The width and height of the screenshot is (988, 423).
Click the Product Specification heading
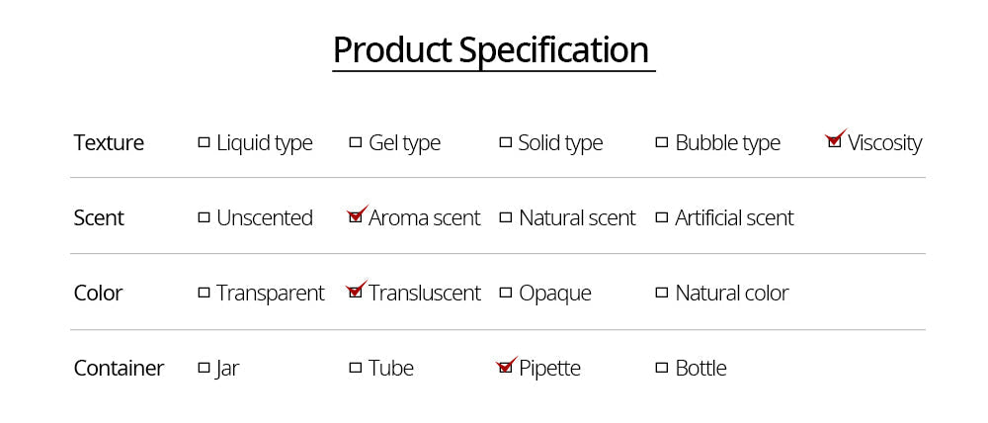pos(491,49)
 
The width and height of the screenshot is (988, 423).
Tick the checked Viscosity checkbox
pos(834,142)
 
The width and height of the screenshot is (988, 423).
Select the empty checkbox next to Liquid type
pos(205,142)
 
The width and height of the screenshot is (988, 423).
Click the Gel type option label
pos(404,142)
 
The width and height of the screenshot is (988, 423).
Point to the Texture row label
pos(109,142)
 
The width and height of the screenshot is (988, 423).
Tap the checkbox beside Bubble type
pos(662,142)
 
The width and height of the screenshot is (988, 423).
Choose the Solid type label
pos(560,142)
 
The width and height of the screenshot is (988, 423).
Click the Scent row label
pos(99,217)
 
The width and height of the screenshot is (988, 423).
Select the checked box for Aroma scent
pos(356,217)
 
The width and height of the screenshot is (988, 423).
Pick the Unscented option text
pos(264,217)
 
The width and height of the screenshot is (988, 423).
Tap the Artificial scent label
pos(734,217)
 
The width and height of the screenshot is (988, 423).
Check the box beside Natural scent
pos(506,217)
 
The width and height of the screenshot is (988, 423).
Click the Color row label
pos(98,293)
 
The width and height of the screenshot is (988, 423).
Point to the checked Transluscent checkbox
pos(356,293)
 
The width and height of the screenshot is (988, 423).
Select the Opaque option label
pos(554,293)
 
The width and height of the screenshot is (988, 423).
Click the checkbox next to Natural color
pos(662,293)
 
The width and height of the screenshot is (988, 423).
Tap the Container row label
pos(119,368)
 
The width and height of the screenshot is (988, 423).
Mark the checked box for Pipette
pos(506,368)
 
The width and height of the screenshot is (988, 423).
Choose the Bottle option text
pos(700,368)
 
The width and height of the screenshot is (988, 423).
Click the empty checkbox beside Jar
pos(205,368)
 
